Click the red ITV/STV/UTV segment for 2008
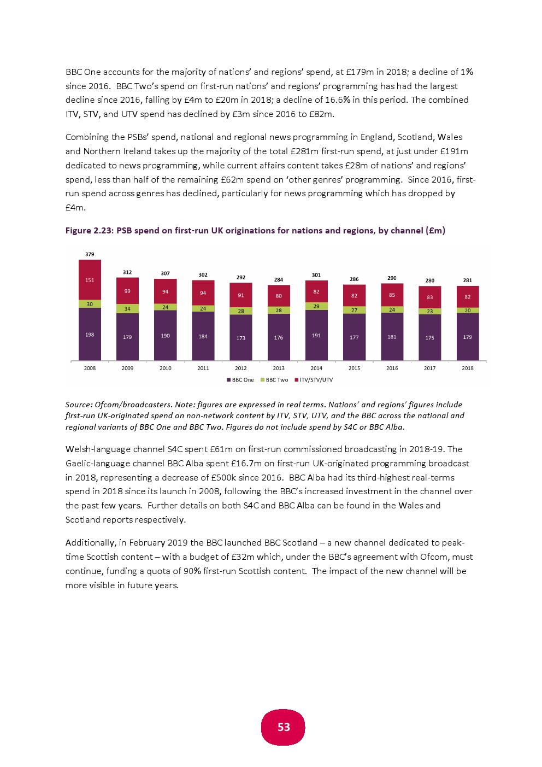point(90,279)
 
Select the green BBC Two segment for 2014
point(316,306)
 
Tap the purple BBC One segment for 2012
point(241,337)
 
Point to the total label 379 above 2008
point(90,254)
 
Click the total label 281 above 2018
point(468,280)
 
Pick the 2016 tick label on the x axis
point(392,368)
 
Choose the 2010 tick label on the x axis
point(165,368)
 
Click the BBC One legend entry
point(240,380)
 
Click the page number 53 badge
point(284,727)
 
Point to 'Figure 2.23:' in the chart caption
point(90,231)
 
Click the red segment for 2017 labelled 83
point(430,297)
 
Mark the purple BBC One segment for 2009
point(127,337)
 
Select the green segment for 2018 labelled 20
point(468,311)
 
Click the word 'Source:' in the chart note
point(79,405)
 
